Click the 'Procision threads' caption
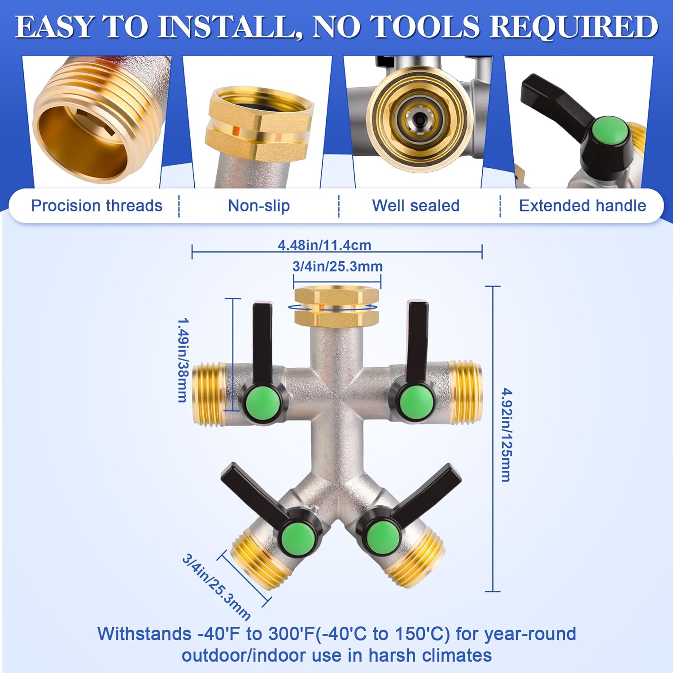point(96,206)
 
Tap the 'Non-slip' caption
point(259,206)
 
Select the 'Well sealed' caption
point(416,206)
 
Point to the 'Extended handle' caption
point(582,206)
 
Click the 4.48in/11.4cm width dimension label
point(324,245)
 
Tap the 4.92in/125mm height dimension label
point(506,435)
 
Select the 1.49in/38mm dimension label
point(183,360)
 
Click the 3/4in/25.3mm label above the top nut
point(337,267)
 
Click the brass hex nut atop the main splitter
point(337,307)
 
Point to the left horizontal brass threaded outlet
point(209,393)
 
